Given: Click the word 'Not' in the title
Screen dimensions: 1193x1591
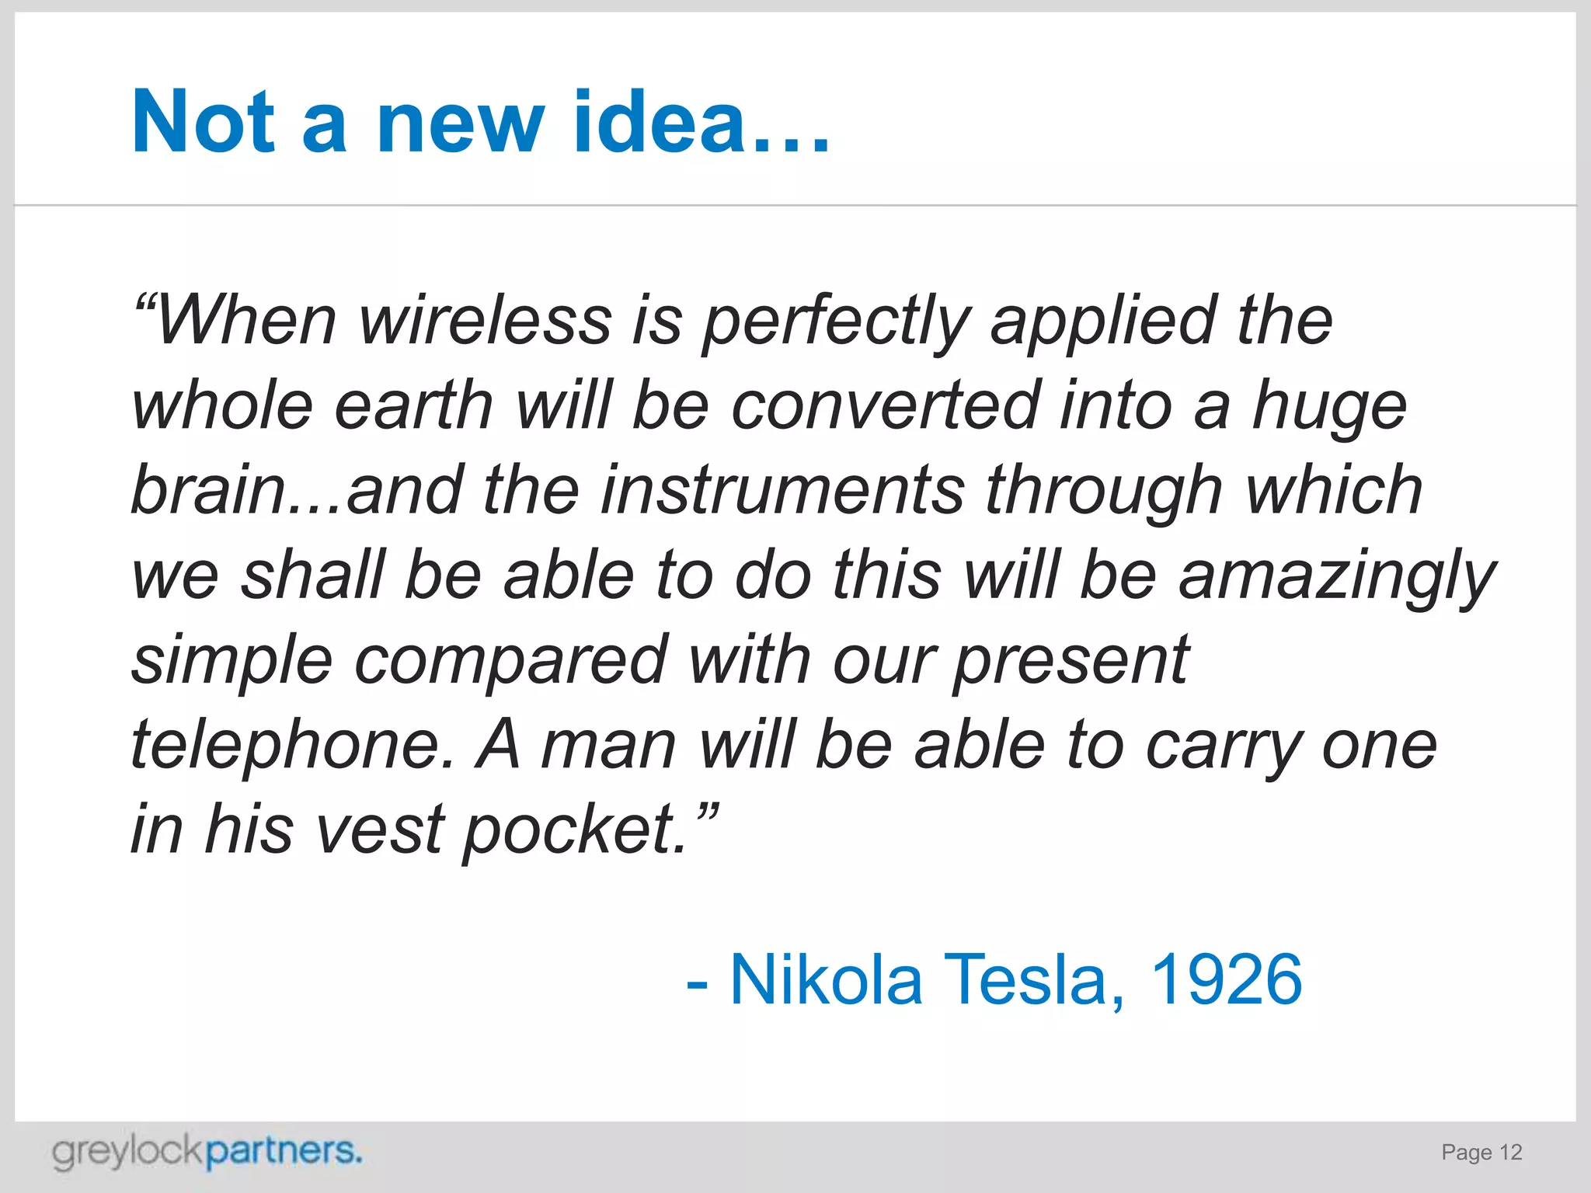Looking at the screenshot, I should [x=204, y=122].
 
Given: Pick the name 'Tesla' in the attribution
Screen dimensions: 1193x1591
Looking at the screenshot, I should [x=1034, y=980].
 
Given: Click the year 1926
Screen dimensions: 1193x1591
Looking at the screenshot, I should [x=1225, y=980].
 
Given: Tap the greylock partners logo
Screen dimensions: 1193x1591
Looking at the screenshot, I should [x=207, y=1151].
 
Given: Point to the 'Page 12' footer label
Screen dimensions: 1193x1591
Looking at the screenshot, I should [x=1481, y=1153].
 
